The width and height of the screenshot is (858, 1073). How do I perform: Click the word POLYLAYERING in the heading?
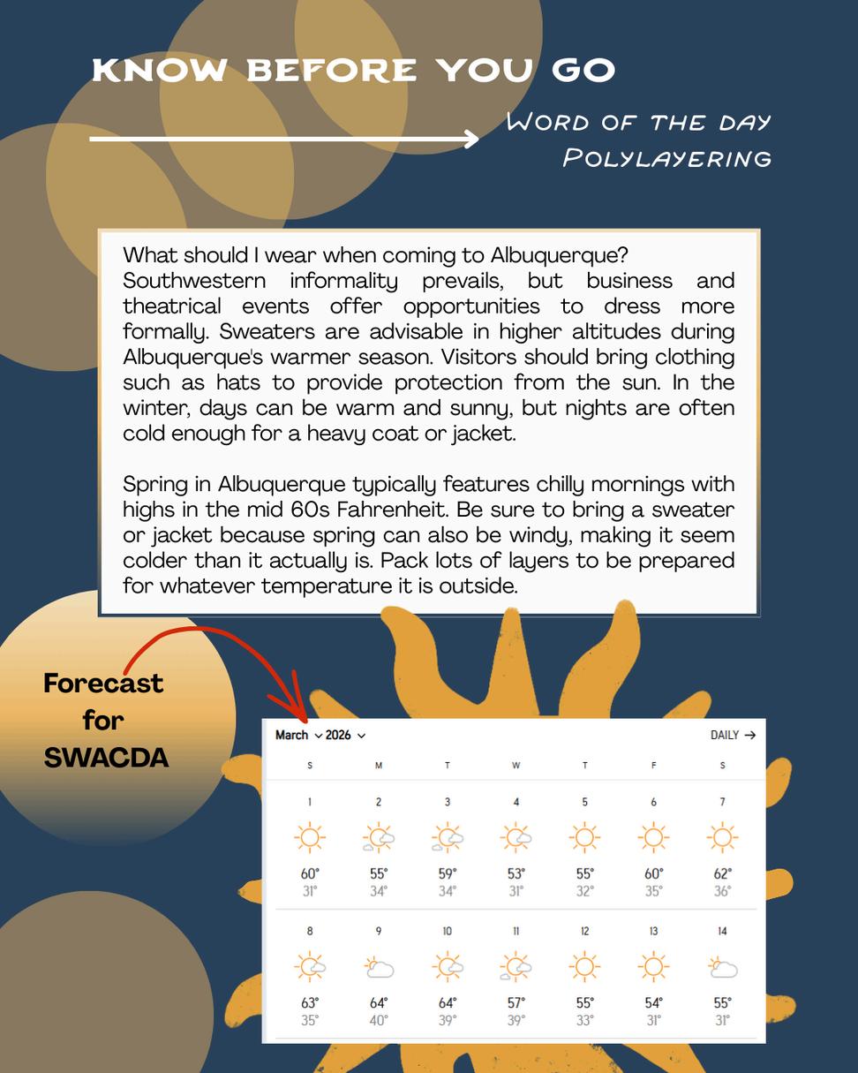click(667, 158)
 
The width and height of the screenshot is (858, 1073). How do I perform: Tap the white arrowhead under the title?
click(470, 139)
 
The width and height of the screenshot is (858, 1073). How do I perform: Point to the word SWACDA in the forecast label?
click(106, 757)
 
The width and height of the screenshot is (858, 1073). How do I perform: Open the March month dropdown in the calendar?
click(298, 735)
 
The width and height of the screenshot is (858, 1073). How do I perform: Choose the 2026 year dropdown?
click(345, 735)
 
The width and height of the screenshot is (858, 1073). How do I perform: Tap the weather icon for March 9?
click(379, 967)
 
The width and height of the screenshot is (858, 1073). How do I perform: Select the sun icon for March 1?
click(310, 837)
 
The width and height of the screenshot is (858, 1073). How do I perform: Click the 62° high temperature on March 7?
click(722, 874)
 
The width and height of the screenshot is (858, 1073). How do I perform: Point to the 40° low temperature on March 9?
click(379, 1020)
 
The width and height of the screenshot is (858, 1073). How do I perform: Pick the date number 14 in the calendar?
click(722, 931)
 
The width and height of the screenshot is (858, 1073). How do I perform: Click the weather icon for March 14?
click(722, 967)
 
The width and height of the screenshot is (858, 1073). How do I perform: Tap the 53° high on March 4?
click(516, 874)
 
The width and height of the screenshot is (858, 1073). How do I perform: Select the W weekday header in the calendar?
click(516, 766)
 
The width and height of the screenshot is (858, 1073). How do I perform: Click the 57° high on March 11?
click(516, 1003)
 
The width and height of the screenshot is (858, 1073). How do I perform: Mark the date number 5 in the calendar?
click(584, 802)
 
